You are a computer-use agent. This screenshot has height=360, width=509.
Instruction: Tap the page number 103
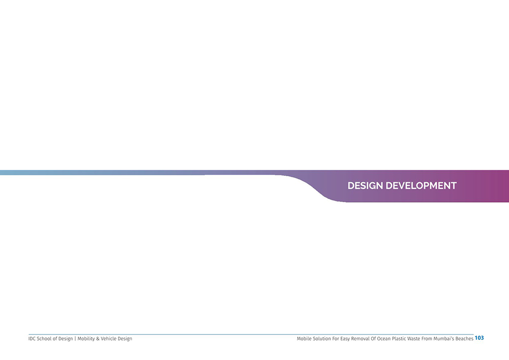pos(479,338)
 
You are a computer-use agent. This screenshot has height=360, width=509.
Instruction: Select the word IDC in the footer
pos(32,339)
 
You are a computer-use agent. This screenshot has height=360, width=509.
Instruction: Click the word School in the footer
pos(44,339)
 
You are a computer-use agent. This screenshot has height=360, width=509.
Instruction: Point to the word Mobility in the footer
pos(86,339)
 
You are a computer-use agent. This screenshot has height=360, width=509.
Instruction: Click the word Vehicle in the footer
pos(108,339)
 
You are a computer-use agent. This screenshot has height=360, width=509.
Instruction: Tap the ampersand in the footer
pos(98,339)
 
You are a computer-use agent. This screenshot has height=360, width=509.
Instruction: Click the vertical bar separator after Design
pos(75,339)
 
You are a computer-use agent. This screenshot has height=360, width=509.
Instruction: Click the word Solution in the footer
pos(322,339)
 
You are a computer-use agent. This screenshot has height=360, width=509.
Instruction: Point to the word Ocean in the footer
pos(384,339)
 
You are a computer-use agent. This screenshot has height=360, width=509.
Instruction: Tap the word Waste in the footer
pos(414,339)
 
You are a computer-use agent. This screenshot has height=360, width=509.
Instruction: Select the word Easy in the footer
pos(345,339)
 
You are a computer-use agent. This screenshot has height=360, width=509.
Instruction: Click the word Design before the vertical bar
pos(66,339)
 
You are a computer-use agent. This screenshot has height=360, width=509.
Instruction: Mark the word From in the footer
pos(427,339)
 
